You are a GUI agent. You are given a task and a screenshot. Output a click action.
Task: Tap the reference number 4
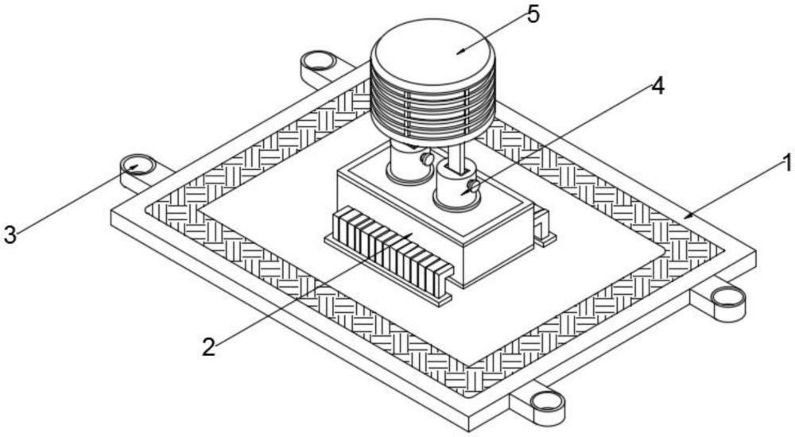(656, 87)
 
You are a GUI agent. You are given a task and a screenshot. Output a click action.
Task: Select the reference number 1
(785, 164)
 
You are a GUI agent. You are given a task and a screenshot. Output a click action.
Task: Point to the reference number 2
(208, 347)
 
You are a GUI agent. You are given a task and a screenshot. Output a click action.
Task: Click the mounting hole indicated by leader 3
(137, 166)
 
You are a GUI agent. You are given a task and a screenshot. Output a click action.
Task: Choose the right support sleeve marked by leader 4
(456, 191)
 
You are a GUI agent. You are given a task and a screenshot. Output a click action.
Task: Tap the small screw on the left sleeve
(428, 161)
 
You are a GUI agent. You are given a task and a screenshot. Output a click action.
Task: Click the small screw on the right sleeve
(475, 185)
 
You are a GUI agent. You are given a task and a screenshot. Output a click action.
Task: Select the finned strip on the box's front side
(390, 250)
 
